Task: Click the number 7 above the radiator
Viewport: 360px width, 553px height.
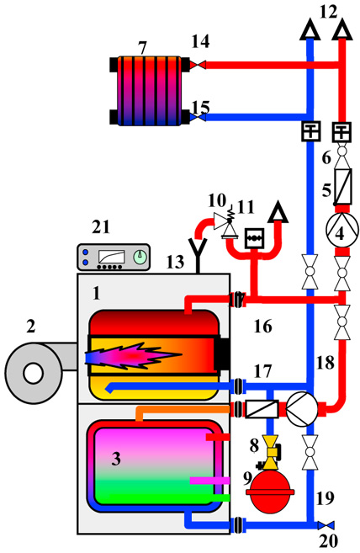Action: tap(142, 48)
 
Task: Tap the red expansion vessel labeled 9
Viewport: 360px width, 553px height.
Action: tap(270, 492)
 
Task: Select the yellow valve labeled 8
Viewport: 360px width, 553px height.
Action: tap(271, 453)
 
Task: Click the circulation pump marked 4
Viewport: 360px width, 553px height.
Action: tap(341, 231)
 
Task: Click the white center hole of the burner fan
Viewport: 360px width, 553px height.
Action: tap(34, 373)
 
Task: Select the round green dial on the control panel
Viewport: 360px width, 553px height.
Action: tap(141, 258)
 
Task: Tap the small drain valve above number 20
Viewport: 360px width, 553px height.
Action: tap(326, 525)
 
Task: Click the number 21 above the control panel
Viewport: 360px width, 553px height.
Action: tap(101, 226)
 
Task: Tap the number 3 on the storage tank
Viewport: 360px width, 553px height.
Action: tap(116, 459)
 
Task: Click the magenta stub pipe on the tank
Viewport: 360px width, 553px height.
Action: tap(209, 481)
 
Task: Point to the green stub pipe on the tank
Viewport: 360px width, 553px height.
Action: tap(221, 497)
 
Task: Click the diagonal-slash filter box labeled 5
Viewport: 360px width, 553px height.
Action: tap(342, 187)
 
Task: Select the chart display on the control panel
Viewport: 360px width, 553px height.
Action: tap(112, 257)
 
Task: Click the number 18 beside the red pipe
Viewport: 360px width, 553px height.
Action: tap(325, 363)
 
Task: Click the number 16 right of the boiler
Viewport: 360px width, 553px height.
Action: tap(263, 327)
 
